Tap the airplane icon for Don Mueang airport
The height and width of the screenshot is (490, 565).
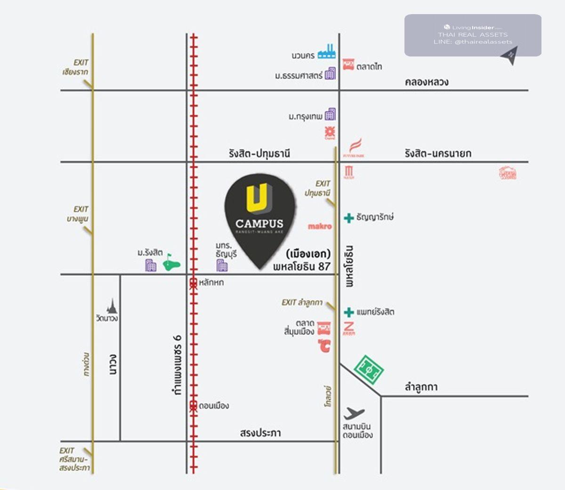pyautogui.click(x=354, y=413)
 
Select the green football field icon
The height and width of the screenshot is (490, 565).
pyautogui.click(x=369, y=370)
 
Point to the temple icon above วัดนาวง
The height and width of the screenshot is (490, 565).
pyautogui.click(x=112, y=306)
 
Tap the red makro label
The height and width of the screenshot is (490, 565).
pyautogui.click(x=320, y=226)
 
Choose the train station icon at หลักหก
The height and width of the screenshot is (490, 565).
pyautogui.click(x=193, y=283)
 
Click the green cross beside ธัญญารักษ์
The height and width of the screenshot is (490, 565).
pyautogui.click(x=349, y=217)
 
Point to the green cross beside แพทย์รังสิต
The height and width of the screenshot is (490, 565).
pyautogui.click(x=349, y=312)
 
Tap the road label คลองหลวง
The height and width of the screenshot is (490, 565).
pyautogui.click(x=427, y=82)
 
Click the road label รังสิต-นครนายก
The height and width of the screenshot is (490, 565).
pyautogui.click(x=437, y=153)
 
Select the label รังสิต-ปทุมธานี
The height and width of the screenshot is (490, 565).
pyautogui.click(x=259, y=153)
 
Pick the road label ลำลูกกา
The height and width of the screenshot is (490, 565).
pyautogui.click(x=421, y=387)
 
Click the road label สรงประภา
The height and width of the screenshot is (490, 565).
pyautogui.click(x=260, y=433)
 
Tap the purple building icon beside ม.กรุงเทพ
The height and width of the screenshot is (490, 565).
pyautogui.click(x=330, y=114)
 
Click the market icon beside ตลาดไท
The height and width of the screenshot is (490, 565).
pyautogui.click(x=348, y=64)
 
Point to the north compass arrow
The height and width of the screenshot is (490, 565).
pyautogui.click(x=510, y=55)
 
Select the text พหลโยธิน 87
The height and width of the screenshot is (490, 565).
pyautogui.click(x=302, y=266)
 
